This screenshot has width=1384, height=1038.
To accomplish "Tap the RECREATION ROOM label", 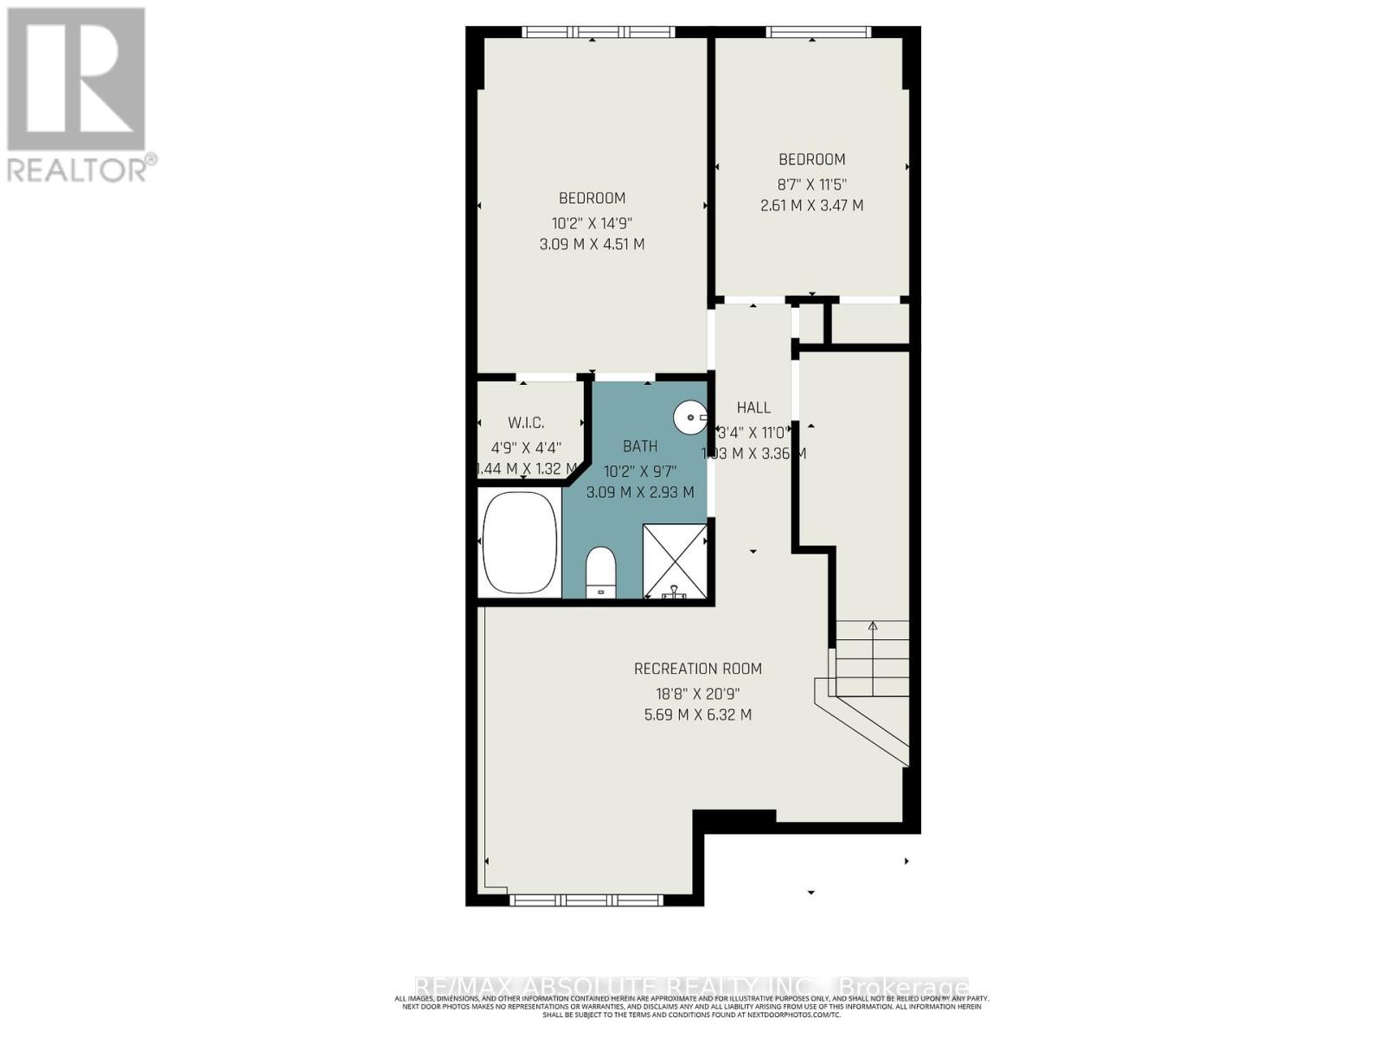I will pyautogui.click(x=697, y=669).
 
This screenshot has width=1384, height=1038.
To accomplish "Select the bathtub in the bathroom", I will pyautogui.click(x=519, y=543).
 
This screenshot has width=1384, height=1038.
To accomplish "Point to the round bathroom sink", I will pyautogui.click(x=689, y=418).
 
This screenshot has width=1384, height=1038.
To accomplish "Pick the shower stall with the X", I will pyautogui.click(x=675, y=561).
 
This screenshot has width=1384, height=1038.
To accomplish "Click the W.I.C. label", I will pyautogui.click(x=526, y=423).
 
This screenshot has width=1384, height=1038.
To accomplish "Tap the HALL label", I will pyautogui.click(x=753, y=407).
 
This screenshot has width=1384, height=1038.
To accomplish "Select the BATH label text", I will pyautogui.click(x=640, y=446).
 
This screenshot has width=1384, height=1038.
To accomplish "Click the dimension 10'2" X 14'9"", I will pyautogui.click(x=592, y=222).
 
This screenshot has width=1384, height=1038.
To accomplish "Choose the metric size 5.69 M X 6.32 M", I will pyautogui.click(x=697, y=715).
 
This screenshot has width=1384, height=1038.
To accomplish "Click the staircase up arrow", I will pyautogui.click(x=873, y=625).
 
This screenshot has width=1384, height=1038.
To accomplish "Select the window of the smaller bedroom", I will pyautogui.click(x=818, y=33).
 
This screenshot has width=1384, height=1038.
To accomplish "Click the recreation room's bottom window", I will pyautogui.click(x=574, y=900).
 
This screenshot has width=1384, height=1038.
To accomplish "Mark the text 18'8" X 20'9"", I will pyautogui.click(x=697, y=693).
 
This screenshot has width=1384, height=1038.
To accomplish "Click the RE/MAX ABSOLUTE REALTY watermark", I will pyautogui.click(x=692, y=987).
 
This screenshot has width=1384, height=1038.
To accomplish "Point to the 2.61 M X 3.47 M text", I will pyautogui.click(x=811, y=206).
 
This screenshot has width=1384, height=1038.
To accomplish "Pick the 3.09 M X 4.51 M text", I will pyautogui.click(x=592, y=245).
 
